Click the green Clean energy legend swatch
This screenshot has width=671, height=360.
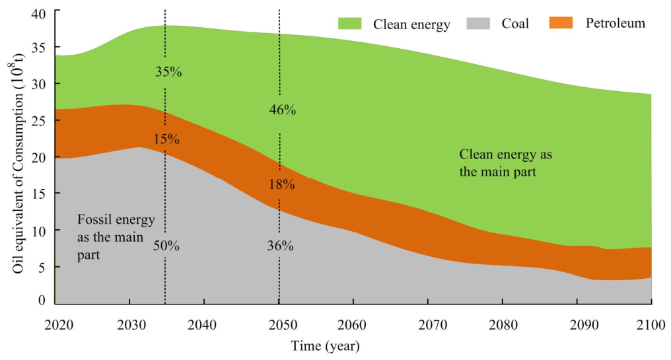click(349, 23)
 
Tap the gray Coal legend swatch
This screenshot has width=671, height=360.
click(478, 23)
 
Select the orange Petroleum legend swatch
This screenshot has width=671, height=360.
click(561, 22)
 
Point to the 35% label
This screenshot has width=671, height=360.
click(168, 71)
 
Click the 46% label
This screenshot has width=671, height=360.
click(283, 110)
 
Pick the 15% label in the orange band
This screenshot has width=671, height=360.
click(166, 139)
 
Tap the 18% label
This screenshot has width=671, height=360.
click(281, 184)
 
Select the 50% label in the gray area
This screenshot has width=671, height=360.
click(166, 246)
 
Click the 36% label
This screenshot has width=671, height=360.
click(280, 246)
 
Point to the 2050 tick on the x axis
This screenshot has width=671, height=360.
click(283, 325)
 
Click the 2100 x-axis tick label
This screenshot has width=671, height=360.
click(651, 325)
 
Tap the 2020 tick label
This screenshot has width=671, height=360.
click(59, 325)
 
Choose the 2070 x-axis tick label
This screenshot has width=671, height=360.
click(433, 325)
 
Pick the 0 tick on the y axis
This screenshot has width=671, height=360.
click(42, 300)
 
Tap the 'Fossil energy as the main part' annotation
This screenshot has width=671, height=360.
click(116, 237)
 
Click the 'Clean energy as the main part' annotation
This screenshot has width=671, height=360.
click(505, 163)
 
